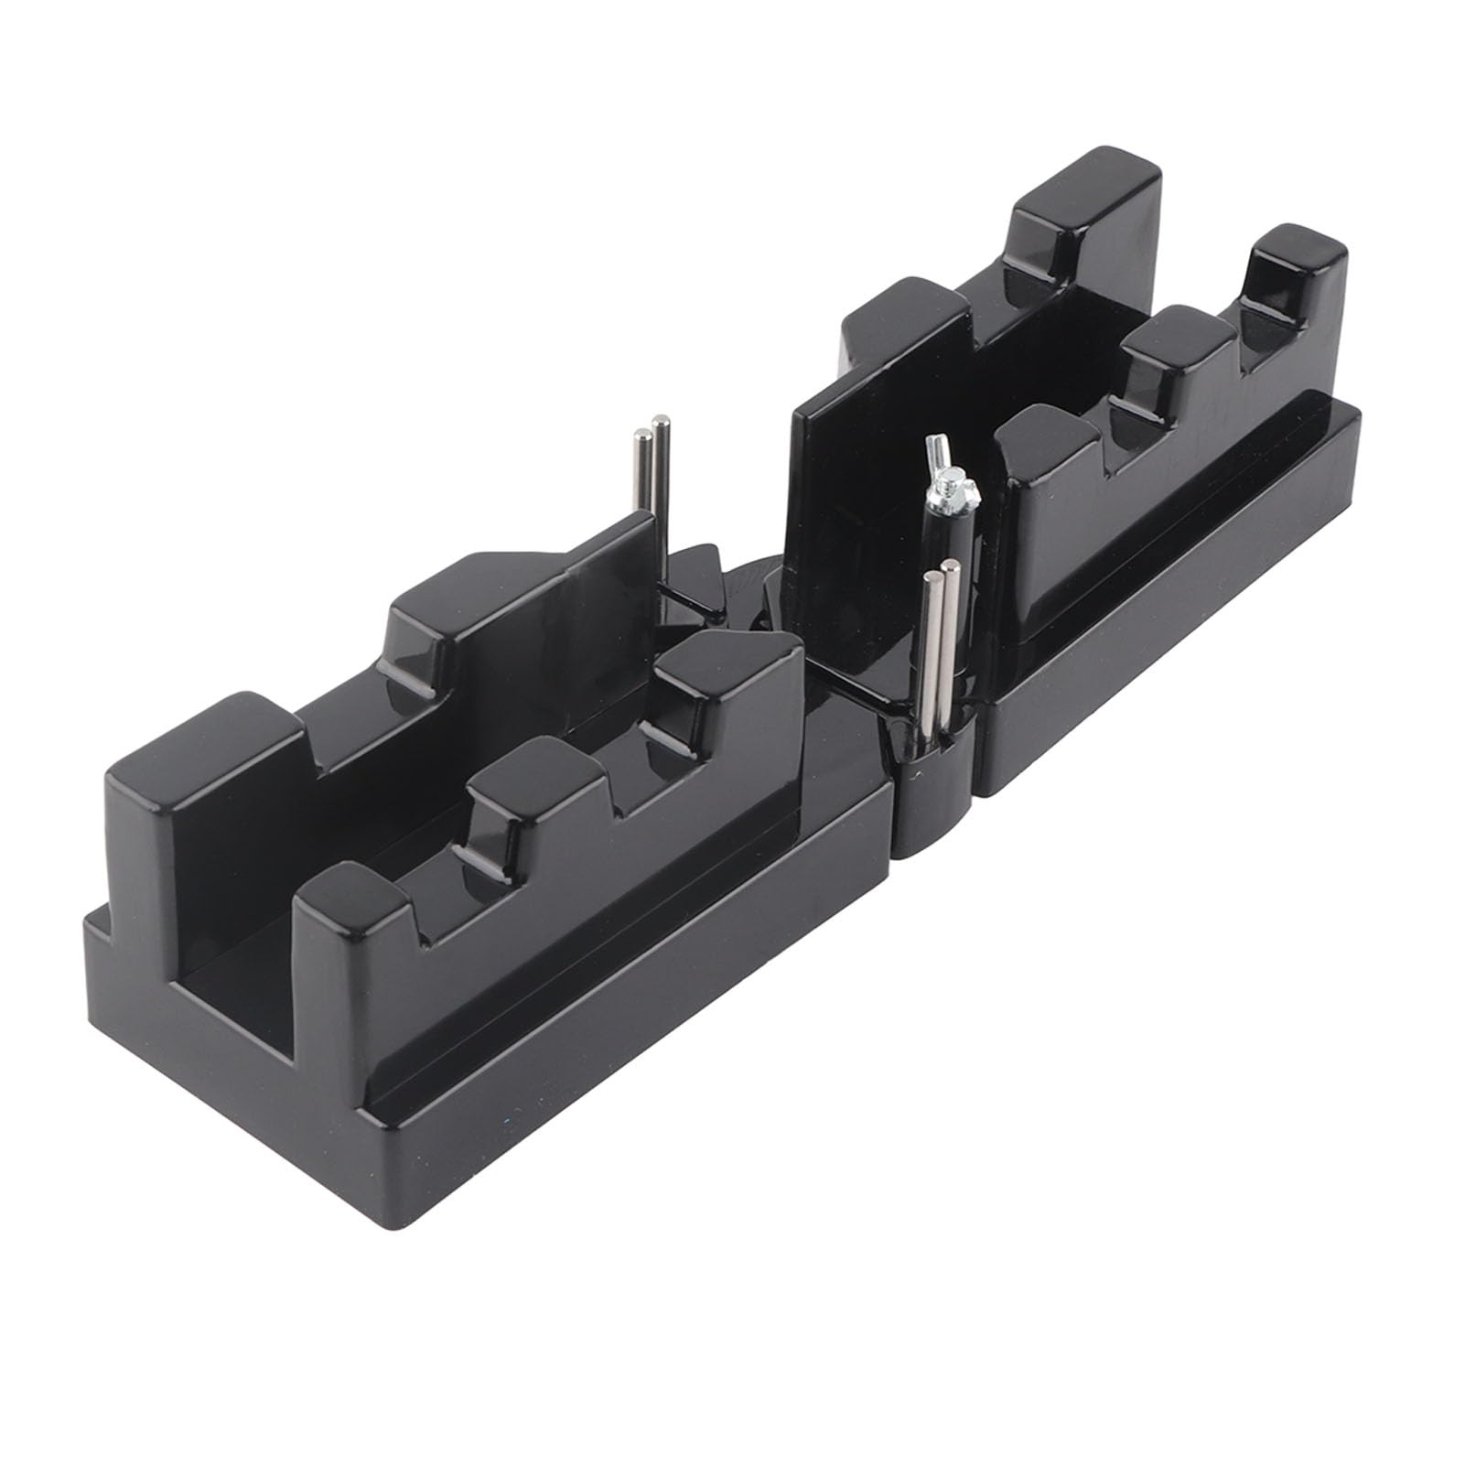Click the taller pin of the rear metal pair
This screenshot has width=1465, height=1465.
(x=659, y=494)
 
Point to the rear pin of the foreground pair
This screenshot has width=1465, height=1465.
(x=953, y=641)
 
